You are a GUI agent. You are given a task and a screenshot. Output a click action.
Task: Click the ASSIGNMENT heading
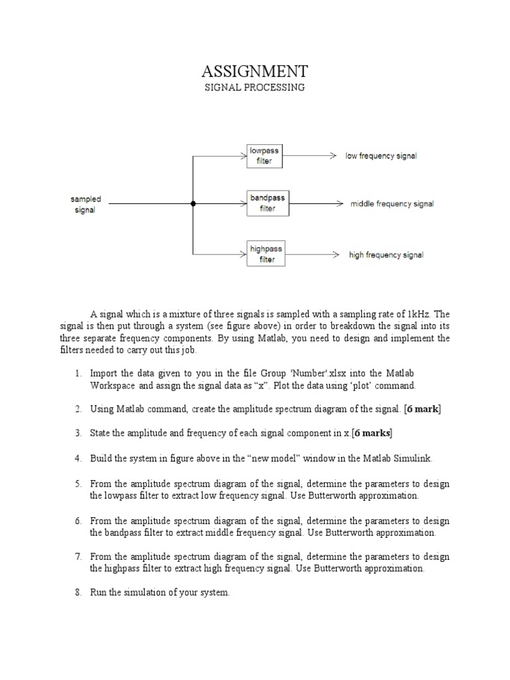pyautogui.click(x=254, y=71)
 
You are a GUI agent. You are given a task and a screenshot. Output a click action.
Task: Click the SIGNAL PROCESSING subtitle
pyautogui.click(x=254, y=88)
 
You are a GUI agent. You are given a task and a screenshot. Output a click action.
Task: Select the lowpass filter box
pyautogui.click(x=264, y=156)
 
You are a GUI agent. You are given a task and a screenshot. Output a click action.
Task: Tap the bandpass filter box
pyautogui.click(x=267, y=203)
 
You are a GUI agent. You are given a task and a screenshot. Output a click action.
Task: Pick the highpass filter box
pyautogui.click(x=266, y=254)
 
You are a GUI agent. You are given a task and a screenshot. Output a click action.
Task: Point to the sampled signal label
pyautogui.click(x=85, y=205)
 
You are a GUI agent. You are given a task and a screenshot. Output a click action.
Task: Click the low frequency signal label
pyautogui.click(x=381, y=156)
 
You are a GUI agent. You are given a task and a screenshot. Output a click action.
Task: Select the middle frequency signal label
pyautogui.click(x=392, y=204)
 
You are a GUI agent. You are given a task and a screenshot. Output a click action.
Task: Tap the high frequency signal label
pyautogui.click(x=386, y=255)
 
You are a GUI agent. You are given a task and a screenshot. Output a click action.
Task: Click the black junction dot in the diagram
pyautogui.click(x=193, y=204)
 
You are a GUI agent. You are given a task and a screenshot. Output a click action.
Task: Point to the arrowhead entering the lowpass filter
pyautogui.click(x=242, y=156)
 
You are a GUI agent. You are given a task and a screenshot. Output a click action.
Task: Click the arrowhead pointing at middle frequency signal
pyautogui.click(x=339, y=204)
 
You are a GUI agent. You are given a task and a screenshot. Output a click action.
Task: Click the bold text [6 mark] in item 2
pyautogui.click(x=422, y=409)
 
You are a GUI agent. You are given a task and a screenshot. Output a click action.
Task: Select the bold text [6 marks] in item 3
pyautogui.click(x=373, y=433)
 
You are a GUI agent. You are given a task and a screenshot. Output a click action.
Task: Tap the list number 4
pyautogui.click(x=78, y=458)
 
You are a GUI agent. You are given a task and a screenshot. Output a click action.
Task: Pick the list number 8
pyautogui.click(x=78, y=592)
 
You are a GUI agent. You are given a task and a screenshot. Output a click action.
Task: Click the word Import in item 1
pyautogui.click(x=104, y=374)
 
